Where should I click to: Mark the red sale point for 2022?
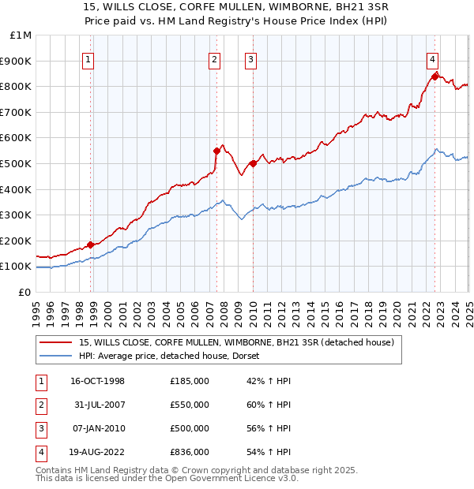[434, 77]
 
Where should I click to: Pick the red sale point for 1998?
[90, 244]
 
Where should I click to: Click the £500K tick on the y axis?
[16, 163]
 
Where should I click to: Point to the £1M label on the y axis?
[21, 35]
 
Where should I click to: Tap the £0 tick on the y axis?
[24, 292]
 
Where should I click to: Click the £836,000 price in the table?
[190, 452]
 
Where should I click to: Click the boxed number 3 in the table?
[40, 428]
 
